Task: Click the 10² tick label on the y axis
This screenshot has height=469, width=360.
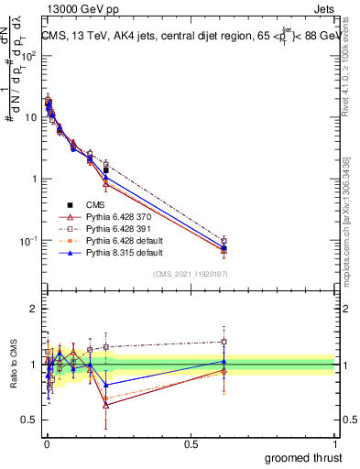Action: click(x=29, y=55)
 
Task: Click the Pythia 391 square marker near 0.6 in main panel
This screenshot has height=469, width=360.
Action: click(x=224, y=240)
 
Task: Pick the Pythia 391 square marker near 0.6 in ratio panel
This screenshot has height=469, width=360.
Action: click(x=224, y=342)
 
